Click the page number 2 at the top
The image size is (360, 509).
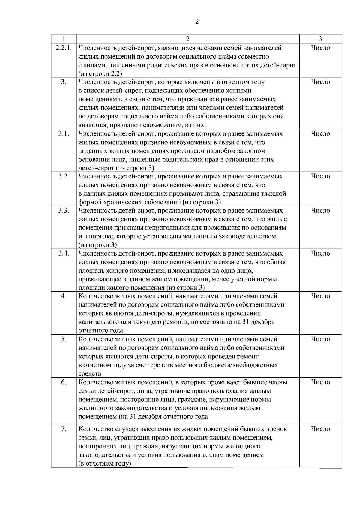click(196, 22)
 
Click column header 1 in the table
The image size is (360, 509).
click(64, 39)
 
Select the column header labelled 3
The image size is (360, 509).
click(320, 39)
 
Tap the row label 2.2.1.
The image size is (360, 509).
click(64, 48)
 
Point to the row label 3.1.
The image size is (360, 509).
click(64, 134)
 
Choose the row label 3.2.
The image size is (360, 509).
click(64, 176)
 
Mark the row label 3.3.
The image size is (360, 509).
click(64, 211)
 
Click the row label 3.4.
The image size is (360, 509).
click(64, 253)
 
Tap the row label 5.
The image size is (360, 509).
click(64, 339)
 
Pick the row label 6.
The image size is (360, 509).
click(64, 382)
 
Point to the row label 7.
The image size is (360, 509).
click(64, 429)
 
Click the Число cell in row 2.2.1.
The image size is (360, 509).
click(320, 48)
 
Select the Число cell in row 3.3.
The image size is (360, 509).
click(320, 211)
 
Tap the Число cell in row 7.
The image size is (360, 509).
click(320, 429)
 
